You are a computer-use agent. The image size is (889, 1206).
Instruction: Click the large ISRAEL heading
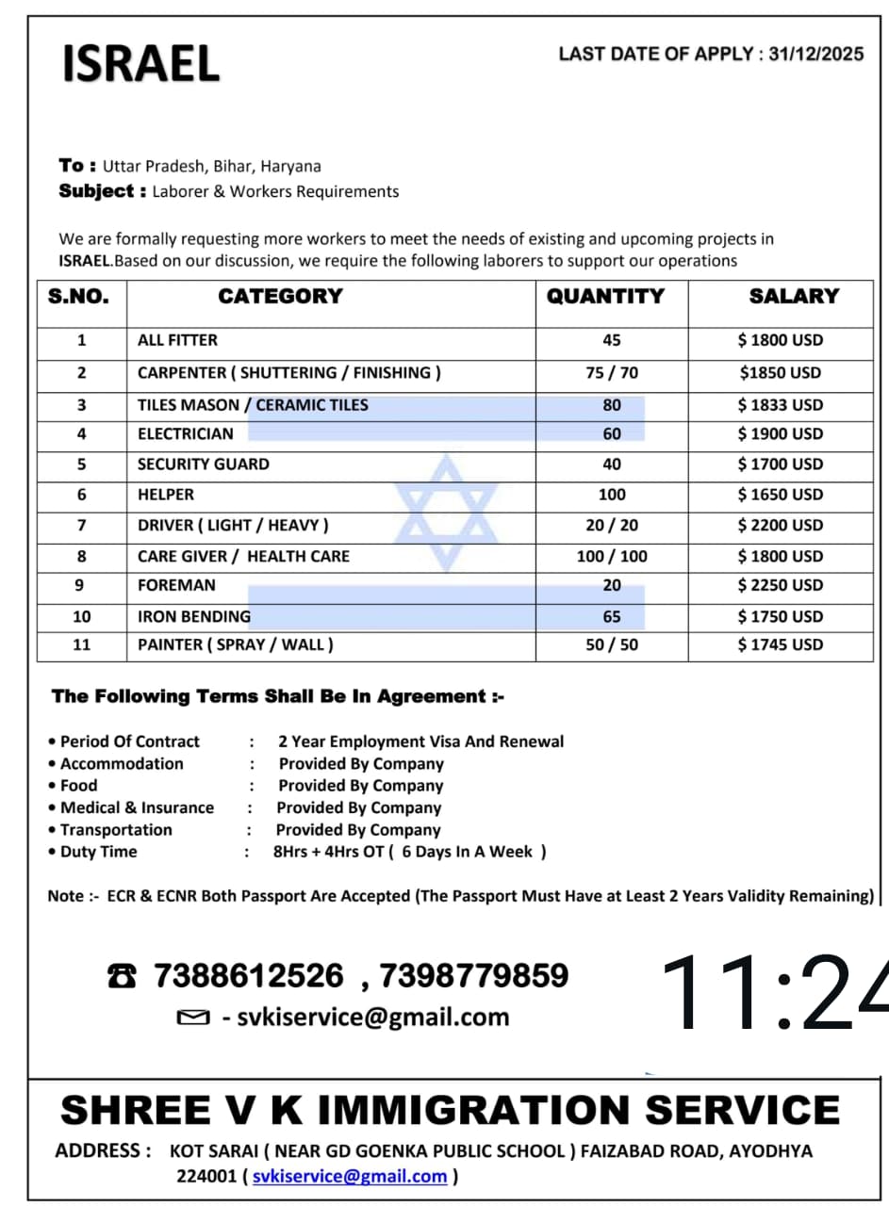pos(140,63)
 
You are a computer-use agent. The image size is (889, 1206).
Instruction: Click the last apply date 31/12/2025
pos(815,54)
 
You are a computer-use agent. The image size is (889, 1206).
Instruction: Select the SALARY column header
pos(793,296)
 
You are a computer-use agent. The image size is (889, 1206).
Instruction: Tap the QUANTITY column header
pos(605,296)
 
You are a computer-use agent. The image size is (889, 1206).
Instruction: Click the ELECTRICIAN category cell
pos(186,433)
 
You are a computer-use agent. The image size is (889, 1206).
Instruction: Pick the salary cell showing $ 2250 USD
pos(780,585)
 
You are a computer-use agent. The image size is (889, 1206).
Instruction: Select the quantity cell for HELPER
pos(612,494)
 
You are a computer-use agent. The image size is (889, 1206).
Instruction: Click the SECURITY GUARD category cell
pos(204,464)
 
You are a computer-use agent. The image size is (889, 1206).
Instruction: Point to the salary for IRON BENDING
pos(780,616)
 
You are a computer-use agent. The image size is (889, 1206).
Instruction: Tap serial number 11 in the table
pos(81,644)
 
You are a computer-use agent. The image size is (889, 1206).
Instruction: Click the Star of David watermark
pos(446,513)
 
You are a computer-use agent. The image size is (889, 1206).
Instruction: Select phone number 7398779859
pos(473,975)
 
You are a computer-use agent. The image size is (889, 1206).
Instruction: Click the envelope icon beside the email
pos(192,1018)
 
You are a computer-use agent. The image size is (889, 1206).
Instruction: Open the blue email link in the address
pos(349,1176)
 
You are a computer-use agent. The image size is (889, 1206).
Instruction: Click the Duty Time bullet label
pos(98,852)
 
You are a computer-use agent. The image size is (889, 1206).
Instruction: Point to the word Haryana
pos(290,166)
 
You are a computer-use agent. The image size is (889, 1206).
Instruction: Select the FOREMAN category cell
pos(176,585)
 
